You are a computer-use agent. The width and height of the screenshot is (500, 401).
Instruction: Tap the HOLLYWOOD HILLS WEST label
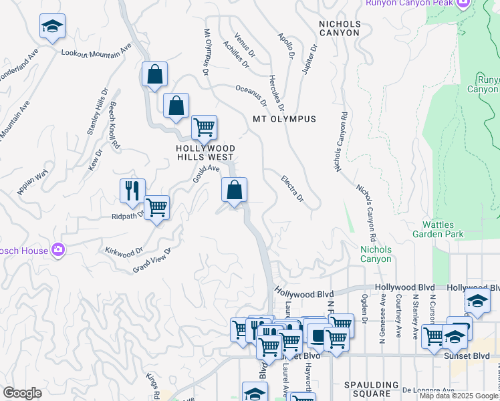click(205, 152)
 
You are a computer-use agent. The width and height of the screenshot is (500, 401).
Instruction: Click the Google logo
click(22, 393)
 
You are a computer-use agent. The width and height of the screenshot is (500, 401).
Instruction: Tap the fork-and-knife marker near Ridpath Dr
click(132, 190)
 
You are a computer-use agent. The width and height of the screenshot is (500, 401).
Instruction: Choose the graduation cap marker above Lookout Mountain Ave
click(52, 26)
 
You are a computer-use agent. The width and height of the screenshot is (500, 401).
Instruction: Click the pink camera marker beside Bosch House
click(58, 250)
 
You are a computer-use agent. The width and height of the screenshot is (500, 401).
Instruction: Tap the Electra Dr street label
click(292, 188)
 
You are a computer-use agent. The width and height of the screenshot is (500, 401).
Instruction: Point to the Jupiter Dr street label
click(309, 61)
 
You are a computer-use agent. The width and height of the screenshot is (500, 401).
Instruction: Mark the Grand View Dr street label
click(152, 260)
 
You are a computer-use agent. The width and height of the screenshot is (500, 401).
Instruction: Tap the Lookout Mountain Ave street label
click(96, 53)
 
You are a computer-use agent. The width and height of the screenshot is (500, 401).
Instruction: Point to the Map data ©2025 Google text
click(459, 396)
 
